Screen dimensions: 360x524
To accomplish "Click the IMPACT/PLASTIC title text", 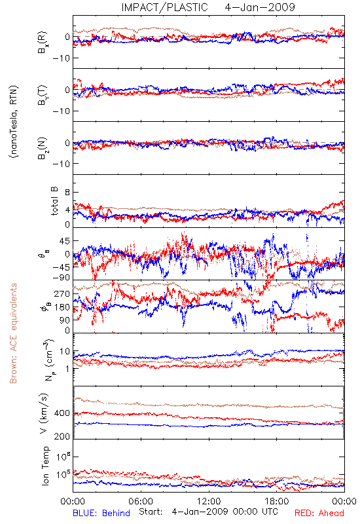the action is click(x=165, y=7).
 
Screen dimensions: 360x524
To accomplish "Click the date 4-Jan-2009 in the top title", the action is click(x=260, y=7).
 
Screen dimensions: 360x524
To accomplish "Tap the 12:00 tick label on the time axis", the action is click(x=209, y=501).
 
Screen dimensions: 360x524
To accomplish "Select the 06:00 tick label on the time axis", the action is click(x=141, y=501).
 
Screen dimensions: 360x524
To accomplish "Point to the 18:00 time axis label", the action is click(x=277, y=501).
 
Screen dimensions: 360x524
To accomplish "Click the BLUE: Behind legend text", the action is click(x=101, y=513).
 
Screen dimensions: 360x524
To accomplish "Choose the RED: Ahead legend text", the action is click(x=319, y=513).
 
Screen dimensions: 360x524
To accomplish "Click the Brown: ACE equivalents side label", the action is click(x=13, y=333).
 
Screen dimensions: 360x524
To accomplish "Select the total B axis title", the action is click(x=54, y=201).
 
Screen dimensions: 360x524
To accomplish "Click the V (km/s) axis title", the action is click(x=44, y=413).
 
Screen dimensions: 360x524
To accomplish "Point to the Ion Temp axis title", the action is click(x=45, y=466).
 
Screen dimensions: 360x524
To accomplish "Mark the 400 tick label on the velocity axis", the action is click(x=62, y=413).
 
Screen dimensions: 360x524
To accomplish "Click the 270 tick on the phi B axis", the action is click(x=62, y=293).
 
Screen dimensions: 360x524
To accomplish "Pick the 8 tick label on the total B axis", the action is click(x=67, y=192).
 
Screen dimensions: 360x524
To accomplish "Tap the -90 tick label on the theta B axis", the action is click(x=61, y=277).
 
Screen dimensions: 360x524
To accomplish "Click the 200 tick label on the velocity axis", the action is click(x=62, y=436).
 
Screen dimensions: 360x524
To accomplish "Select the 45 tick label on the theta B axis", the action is click(x=65, y=240).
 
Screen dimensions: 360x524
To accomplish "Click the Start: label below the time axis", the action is click(x=151, y=512).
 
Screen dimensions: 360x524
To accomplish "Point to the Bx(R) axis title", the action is click(x=43, y=43).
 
